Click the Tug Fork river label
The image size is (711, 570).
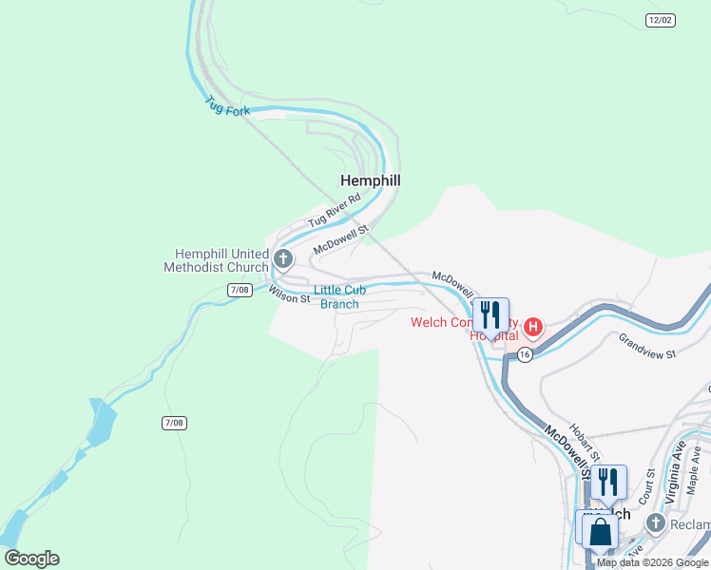pos(227,104)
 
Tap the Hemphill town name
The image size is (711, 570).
pos(371,180)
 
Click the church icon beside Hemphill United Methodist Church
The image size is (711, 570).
pos(282,258)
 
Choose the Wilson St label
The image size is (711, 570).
pos(289,294)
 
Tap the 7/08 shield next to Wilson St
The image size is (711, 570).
pos(240,289)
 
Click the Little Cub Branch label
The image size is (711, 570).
pos(339,296)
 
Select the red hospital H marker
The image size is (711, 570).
pos(533,329)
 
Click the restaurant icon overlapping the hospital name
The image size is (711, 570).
pos(490,314)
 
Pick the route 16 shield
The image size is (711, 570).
pos(525,353)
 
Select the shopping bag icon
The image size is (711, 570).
pos(601,531)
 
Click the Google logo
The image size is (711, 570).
pos(31,559)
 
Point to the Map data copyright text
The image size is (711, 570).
pos(651,562)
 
